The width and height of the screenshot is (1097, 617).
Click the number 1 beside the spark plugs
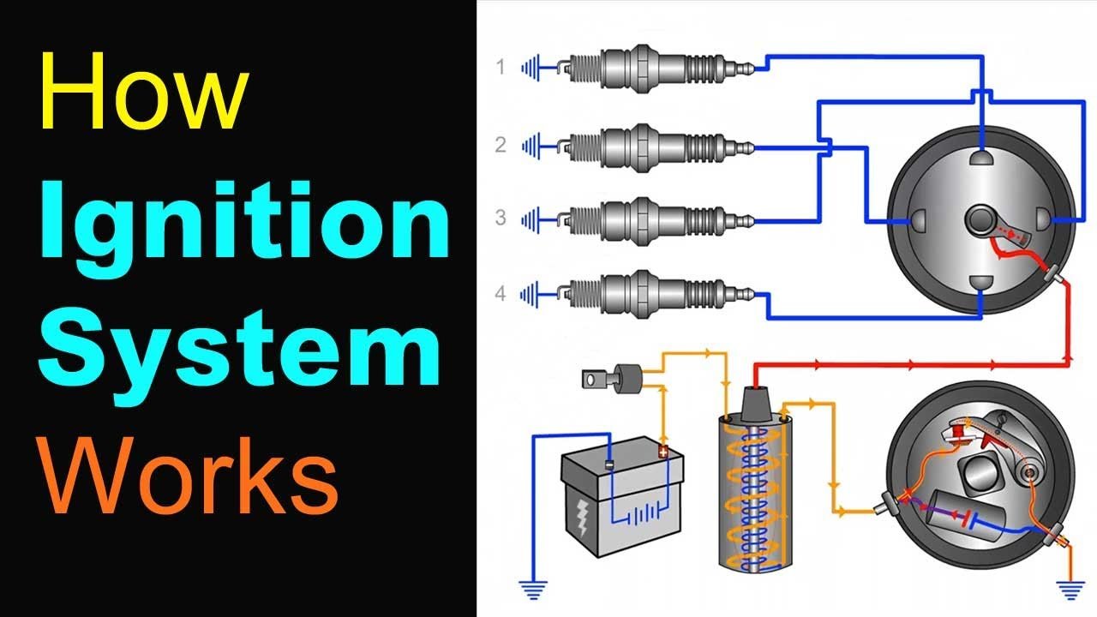[x=501, y=67]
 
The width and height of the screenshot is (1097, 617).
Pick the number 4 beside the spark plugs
[x=501, y=294]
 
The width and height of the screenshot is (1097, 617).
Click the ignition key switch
[x=614, y=377]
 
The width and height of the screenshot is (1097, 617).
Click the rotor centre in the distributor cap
[x=979, y=220]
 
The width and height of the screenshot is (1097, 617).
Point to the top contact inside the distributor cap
[x=980, y=158]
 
